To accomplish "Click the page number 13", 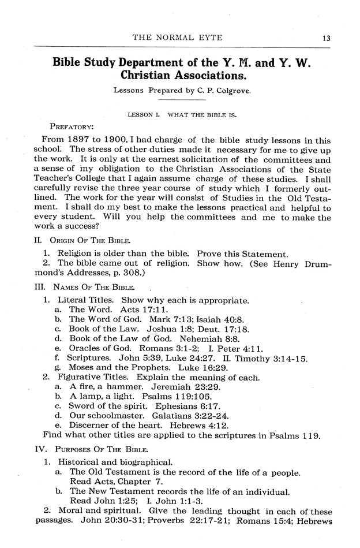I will pyautogui.click(x=326, y=38).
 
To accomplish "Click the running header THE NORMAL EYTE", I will pyautogui.click(x=178, y=38).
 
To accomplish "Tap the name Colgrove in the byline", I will pyautogui.click(x=228, y=90).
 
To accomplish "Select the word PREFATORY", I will pyautogui.click(x=72, y=125).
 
